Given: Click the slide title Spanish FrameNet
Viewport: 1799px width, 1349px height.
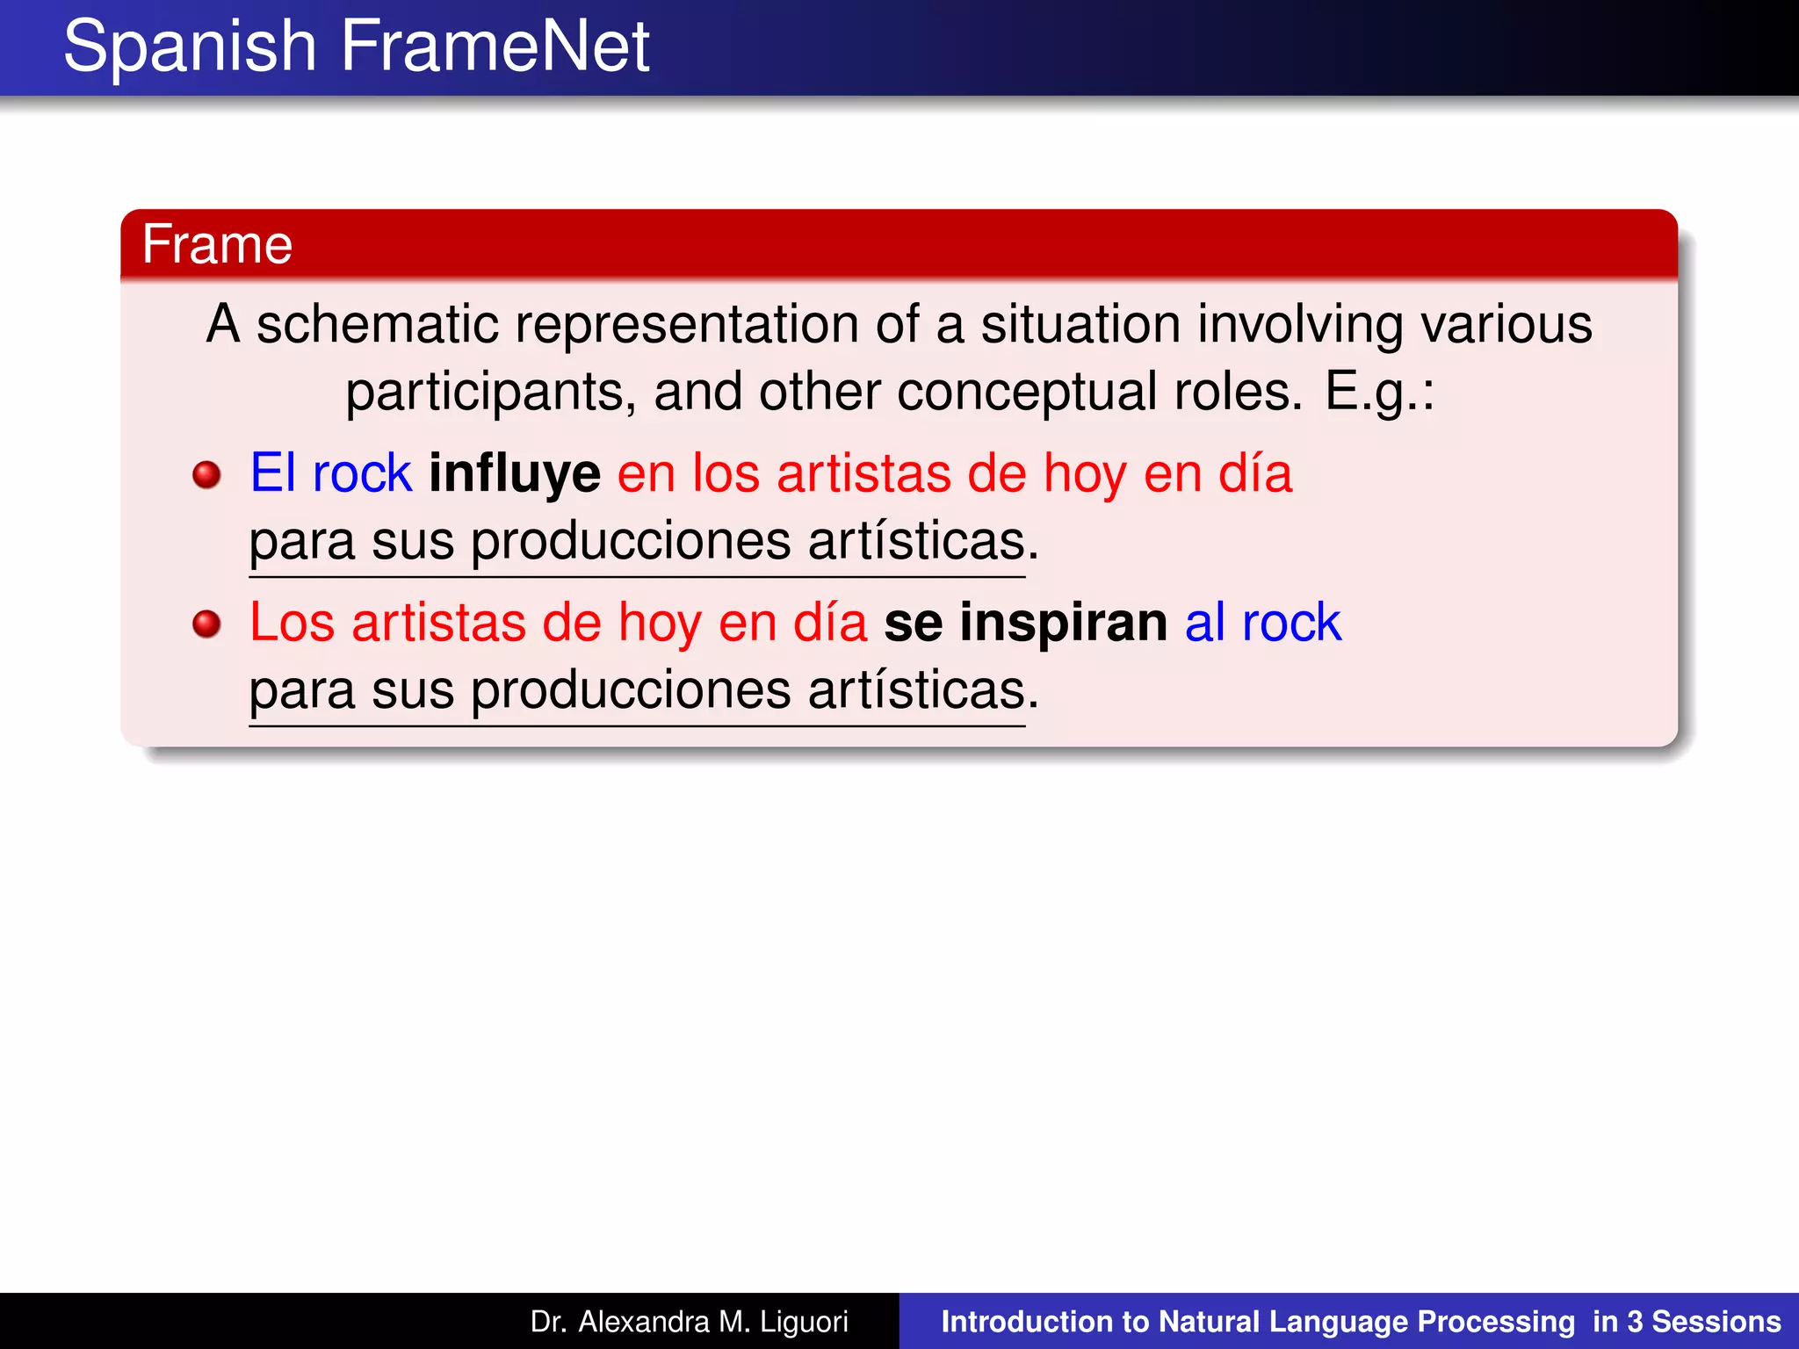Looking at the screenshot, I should pos(356,47).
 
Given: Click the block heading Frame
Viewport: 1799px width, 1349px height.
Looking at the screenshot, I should pos(217,244).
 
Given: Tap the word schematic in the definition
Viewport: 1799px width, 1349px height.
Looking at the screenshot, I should pos(377,325).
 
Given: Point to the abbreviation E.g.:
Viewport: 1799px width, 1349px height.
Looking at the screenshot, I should pos(1379,392).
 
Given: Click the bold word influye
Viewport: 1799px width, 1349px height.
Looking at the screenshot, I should pos(514,473).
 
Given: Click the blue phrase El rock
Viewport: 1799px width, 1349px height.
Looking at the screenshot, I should pos(330,473).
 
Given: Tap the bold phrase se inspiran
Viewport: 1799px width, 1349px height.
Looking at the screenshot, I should pos(1025,623).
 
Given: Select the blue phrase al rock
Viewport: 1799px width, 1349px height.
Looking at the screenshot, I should pos(1262,623).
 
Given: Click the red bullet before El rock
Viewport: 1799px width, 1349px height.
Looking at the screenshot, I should pos(206,475).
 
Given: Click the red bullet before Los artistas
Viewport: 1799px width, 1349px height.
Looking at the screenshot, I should pos(206,624).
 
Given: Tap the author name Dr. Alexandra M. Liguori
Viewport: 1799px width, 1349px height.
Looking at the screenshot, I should pos(689,1322).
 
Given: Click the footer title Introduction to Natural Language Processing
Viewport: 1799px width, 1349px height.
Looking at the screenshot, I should pos(1257,1322).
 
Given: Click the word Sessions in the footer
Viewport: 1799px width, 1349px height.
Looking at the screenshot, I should pos(1716,1322).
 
